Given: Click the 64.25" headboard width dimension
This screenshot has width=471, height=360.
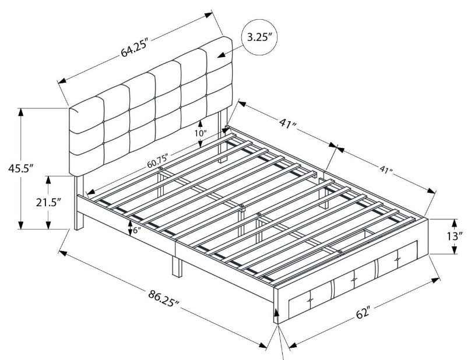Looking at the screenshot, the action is (135, 48).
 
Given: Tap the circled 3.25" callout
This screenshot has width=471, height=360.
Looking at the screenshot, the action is (259, 37).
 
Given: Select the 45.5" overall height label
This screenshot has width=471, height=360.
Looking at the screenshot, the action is (20, 169).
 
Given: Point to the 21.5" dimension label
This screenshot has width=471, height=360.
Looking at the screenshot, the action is (48, 202).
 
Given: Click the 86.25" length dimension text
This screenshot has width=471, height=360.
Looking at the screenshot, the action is (163, 298).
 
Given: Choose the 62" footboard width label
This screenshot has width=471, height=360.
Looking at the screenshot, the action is (363, 313).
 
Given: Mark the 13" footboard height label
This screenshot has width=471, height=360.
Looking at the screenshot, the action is (454, 237).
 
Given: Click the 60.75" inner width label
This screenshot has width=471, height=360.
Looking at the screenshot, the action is (157, 161).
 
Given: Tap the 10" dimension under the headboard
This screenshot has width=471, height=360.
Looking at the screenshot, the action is (201, 133).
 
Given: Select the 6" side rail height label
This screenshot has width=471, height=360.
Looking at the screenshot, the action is (136, 230).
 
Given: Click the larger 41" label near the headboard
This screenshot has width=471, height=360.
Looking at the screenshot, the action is (288, 123).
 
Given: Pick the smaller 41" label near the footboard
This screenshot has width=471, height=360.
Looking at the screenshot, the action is (386, 170).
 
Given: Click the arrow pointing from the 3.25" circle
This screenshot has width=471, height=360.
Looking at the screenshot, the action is (230, 51).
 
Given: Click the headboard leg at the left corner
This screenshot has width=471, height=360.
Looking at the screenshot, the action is (78, 203).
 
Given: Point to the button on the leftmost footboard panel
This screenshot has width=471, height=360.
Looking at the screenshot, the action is (310, 299).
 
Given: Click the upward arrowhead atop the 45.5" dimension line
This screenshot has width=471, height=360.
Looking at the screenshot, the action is (20, 112).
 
